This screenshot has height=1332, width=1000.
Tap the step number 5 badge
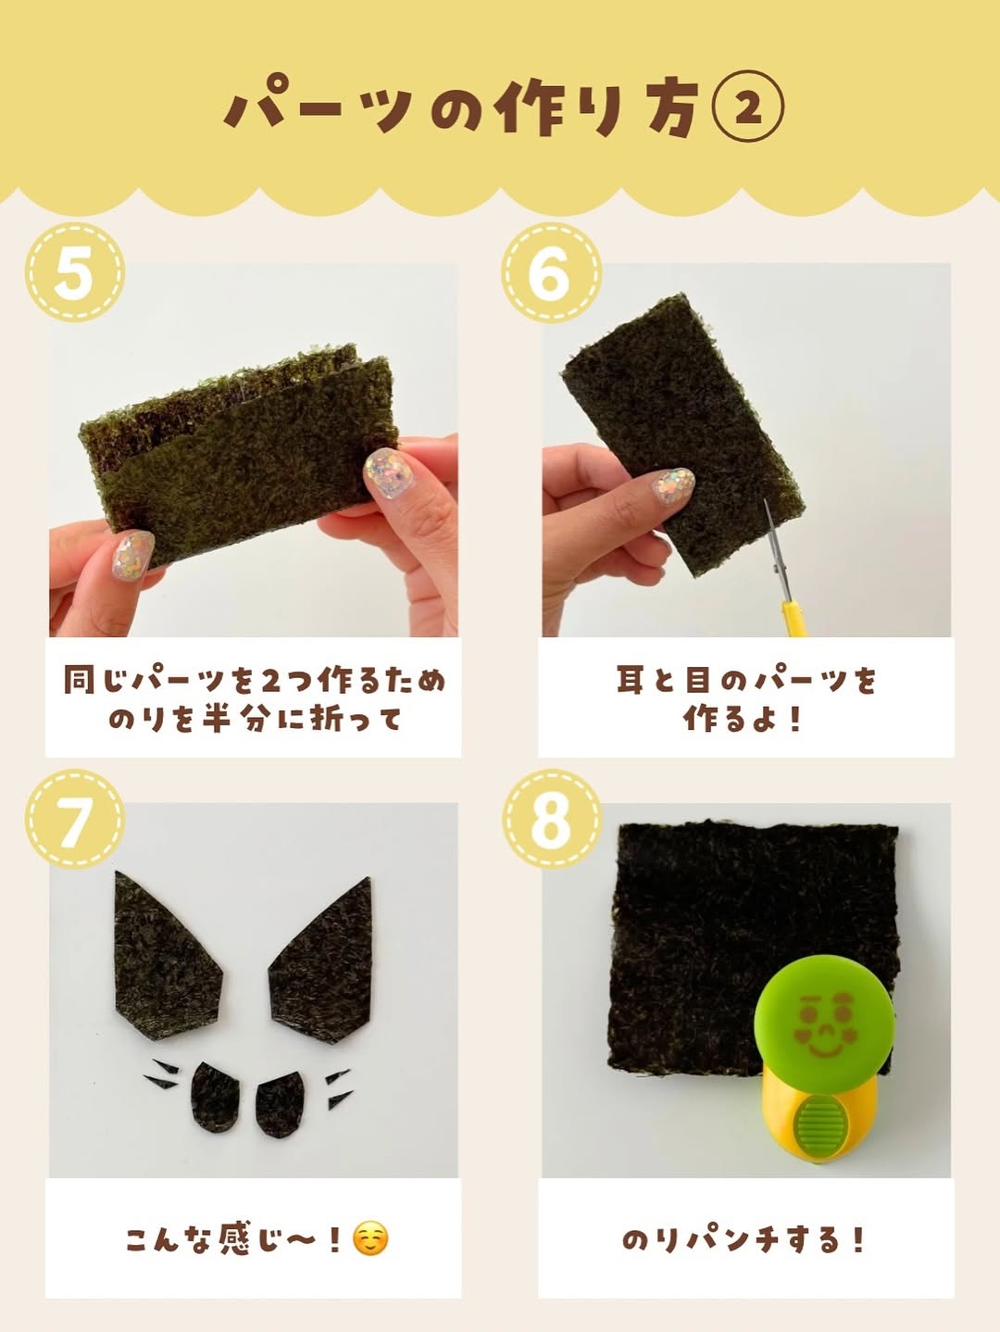[x=75, y=271]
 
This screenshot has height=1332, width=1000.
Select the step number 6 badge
[x=551, y=271]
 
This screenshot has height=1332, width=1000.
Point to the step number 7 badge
[x=75, y=819]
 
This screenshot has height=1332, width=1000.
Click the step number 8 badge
[x=551, y=819]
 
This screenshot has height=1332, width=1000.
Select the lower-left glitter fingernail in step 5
[x=132, y=555]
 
